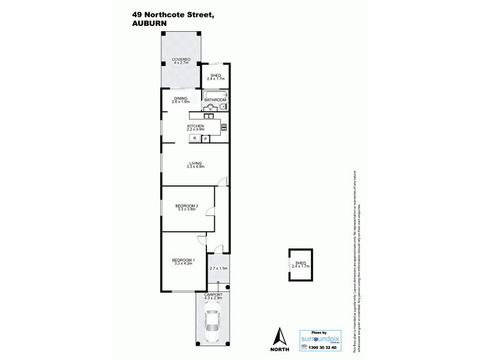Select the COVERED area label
coord(181,59)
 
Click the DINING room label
coord(181,98)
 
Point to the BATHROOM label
coord(214,100)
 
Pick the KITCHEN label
coord(196,126)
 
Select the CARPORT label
coord(214,296)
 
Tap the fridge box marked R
coord(194,139)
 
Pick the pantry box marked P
coord(205,139)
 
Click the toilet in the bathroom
coord(223,107)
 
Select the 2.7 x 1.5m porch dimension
coord(218,268)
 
